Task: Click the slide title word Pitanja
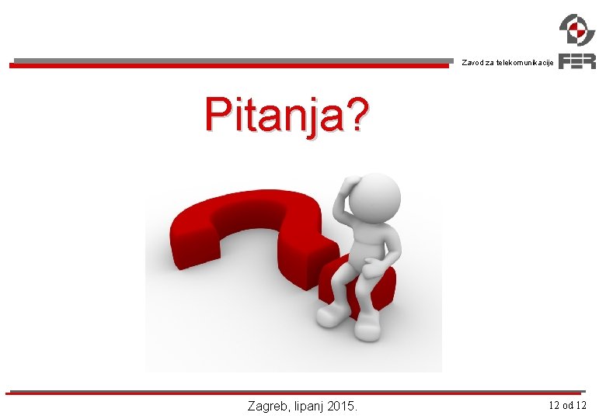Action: point(274,115)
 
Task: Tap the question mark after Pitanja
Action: point(356,113)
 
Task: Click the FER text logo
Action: point(577,61)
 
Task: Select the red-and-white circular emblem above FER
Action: point(577,29)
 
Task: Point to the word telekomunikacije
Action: point(525,63)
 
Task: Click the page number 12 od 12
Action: point(567,405)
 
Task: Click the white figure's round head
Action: point(374,198)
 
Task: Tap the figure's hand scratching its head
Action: point(350,181)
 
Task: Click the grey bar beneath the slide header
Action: point(233,61)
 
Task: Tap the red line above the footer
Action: point(294,393)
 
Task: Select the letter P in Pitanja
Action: point(218,114)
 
